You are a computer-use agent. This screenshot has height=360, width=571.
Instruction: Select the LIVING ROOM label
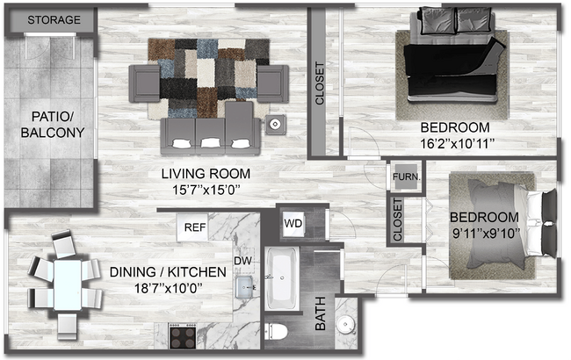(x=210, y=173)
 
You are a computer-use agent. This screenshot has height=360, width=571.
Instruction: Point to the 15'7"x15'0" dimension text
(x=210, y=188)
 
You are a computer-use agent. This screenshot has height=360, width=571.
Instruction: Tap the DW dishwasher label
(x=244, y=260)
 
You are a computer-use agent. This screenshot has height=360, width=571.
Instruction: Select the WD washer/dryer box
(x=293, y=223)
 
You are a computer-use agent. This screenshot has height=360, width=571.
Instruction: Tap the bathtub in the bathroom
(x=282, y=278)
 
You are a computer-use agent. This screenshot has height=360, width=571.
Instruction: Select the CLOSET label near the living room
(x=320, y=83)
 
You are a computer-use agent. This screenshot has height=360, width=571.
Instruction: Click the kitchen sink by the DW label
(x=244, y=285)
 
